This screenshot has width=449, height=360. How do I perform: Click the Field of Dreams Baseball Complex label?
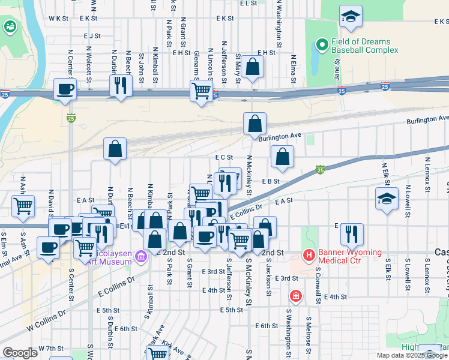(361, 47)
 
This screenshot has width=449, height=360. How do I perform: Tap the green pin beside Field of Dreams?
(321, 45)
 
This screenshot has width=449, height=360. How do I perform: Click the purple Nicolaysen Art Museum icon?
(141, 257)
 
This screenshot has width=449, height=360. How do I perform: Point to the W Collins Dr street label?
(45, 322)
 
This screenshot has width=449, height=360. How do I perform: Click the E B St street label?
(271, 181)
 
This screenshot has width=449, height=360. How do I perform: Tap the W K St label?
(59, 19)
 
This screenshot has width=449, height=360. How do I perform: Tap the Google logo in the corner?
(20, 353)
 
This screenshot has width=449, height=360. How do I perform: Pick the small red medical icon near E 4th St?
(295, 295)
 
